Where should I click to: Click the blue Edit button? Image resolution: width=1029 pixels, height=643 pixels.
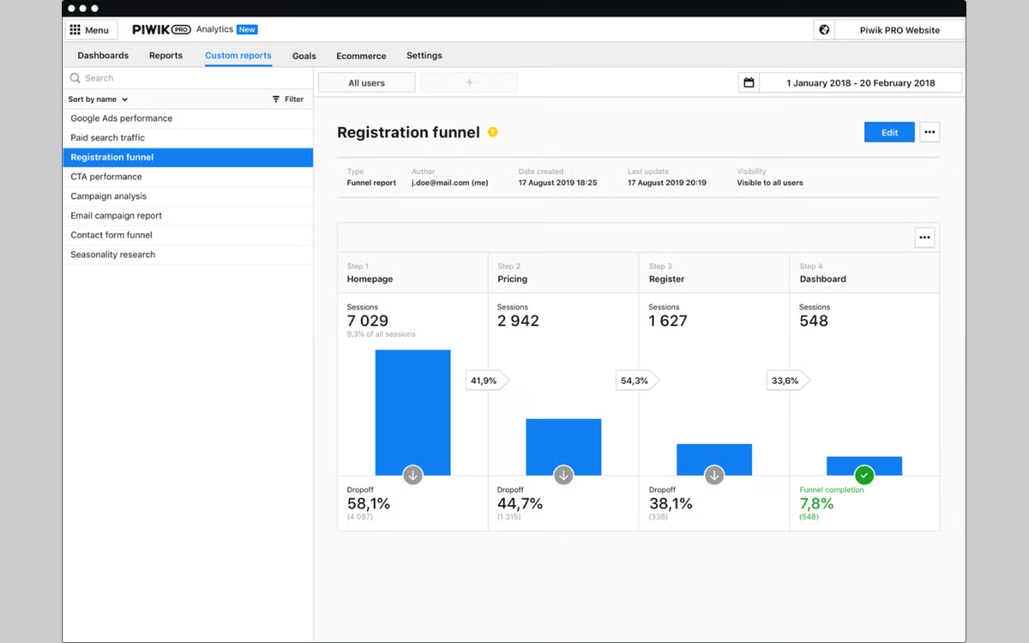click(889, 132)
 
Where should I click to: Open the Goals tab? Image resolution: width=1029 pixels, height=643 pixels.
click(304, 56)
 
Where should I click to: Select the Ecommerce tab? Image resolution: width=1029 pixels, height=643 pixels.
click(361, 56)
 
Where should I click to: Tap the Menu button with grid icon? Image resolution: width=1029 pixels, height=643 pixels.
click(90, 30)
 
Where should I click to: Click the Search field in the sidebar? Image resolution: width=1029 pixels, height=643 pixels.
click(189, 78)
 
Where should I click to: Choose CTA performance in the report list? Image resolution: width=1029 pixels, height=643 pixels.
click(106, 177)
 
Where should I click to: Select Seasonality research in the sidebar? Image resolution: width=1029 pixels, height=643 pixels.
click(113, 255)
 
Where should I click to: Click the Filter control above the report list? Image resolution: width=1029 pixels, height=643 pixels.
click(288, 99)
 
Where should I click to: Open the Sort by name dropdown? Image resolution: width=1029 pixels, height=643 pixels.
click(98, 99)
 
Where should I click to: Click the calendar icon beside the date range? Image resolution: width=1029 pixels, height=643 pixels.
click(749, 82)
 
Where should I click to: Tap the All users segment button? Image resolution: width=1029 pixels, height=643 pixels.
click(367, 82)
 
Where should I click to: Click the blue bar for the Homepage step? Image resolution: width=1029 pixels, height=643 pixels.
click(412, 412)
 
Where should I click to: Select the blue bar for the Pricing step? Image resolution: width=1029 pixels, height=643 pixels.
click(563, 447)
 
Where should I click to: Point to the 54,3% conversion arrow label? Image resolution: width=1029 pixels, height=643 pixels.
click(637, 381)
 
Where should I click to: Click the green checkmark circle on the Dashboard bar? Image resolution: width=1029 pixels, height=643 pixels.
click(864, 475)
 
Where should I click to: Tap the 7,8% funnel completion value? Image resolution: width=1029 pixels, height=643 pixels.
click(816, 504)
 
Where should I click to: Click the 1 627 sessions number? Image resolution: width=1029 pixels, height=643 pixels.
click(668, 321)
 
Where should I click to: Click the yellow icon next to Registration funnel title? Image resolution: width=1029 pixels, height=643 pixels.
click(492, 132)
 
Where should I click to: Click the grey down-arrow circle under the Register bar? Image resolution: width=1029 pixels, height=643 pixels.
click(713, 475)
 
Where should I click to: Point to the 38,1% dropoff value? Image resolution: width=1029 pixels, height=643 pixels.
click(671, 504)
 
